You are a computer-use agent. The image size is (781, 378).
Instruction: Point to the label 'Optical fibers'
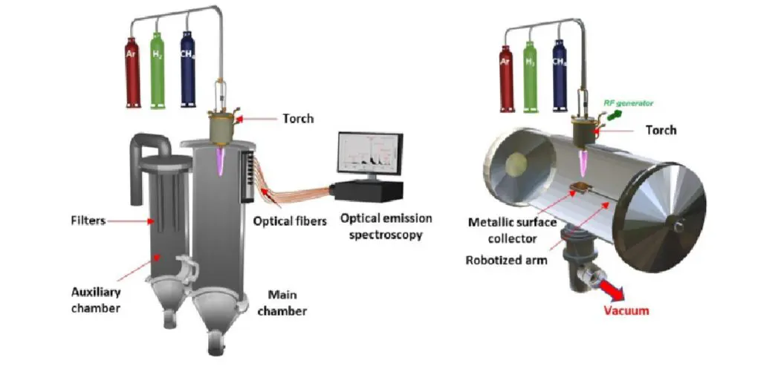(289, 221)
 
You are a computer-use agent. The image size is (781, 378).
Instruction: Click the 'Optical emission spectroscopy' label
(380, 227)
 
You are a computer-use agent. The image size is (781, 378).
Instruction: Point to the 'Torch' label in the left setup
(298, 119)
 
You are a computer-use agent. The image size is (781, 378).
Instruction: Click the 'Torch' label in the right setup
(661, 129)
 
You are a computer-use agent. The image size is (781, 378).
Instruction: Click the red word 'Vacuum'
(626, 310)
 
